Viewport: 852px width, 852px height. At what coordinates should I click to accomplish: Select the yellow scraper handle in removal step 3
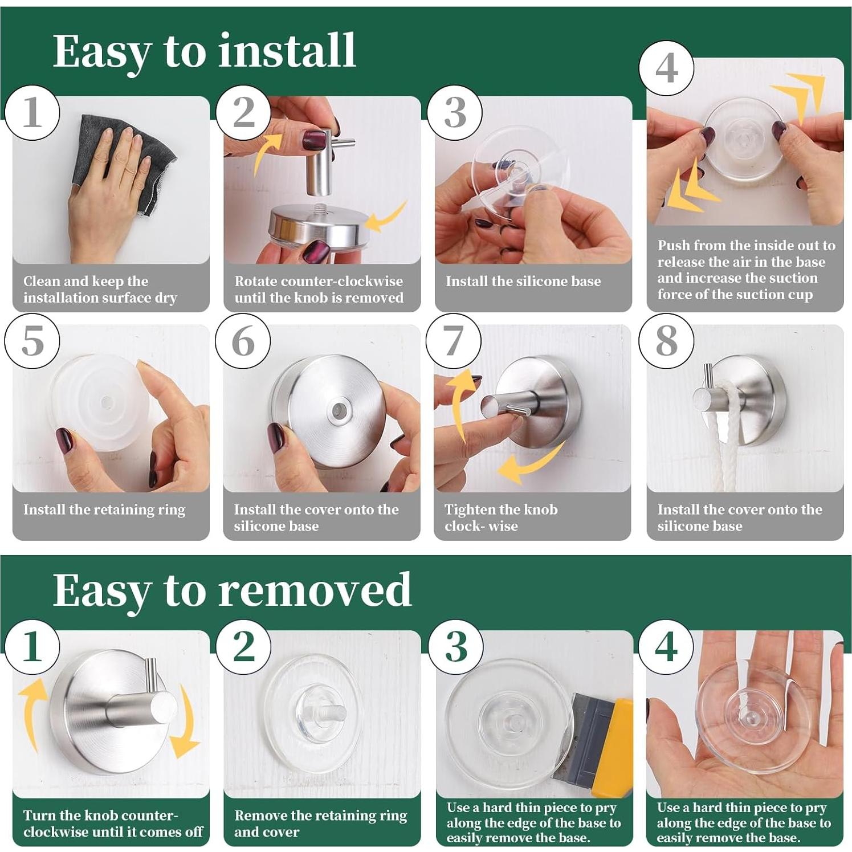click(x=613, y=747)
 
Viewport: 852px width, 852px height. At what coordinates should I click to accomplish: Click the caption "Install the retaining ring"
click(x=104, y=509)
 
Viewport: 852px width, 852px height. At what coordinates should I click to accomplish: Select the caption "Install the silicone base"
click(x=523, y=281)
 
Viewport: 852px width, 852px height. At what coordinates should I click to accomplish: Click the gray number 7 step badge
click(x=453, y=341)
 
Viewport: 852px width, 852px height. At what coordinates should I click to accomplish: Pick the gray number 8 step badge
click(x=666, y=341)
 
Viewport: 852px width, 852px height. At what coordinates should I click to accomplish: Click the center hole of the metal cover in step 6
click(x=339, y=409)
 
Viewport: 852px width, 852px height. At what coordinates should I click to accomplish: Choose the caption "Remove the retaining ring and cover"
click(x=320, y=823)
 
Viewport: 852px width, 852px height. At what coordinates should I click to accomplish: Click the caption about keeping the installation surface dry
click(x=100, y=289)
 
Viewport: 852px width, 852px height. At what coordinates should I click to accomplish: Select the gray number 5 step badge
click(x=32, y=341)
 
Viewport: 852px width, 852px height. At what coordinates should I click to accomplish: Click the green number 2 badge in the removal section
click(x=243, y=647)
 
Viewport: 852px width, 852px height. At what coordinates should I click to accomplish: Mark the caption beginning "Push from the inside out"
click(x=745, y=270)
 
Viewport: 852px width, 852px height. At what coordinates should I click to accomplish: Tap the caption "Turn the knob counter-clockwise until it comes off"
click(x=112, y=823)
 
